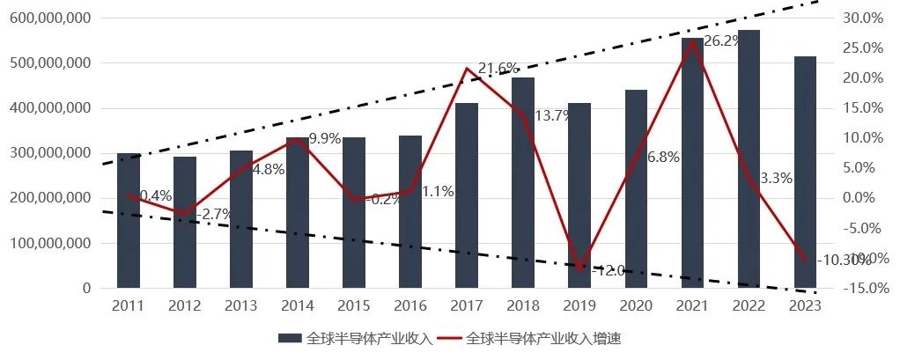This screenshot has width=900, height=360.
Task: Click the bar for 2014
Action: pyautogui.click(x=298, y=212)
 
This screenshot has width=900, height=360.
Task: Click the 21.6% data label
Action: pyautogui.click(x=498, y=69)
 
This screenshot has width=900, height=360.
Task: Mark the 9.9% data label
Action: pyautogui.click(x=324, y=138)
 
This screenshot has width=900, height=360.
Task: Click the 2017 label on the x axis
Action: pyautogui.click(x=467, y=306)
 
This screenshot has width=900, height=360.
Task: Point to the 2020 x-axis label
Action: pyautogui.click(x=636, y=306)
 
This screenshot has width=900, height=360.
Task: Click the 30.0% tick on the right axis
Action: pyautogui.click(x=863, y=18)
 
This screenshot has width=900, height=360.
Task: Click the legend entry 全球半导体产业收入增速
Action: pyautogui.click(x=543, y=338)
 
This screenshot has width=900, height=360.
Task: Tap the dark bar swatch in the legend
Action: pyautogui.click(x=290, y=338)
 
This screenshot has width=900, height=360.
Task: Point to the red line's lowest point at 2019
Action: pyautogui.click(x=579, y=268)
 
